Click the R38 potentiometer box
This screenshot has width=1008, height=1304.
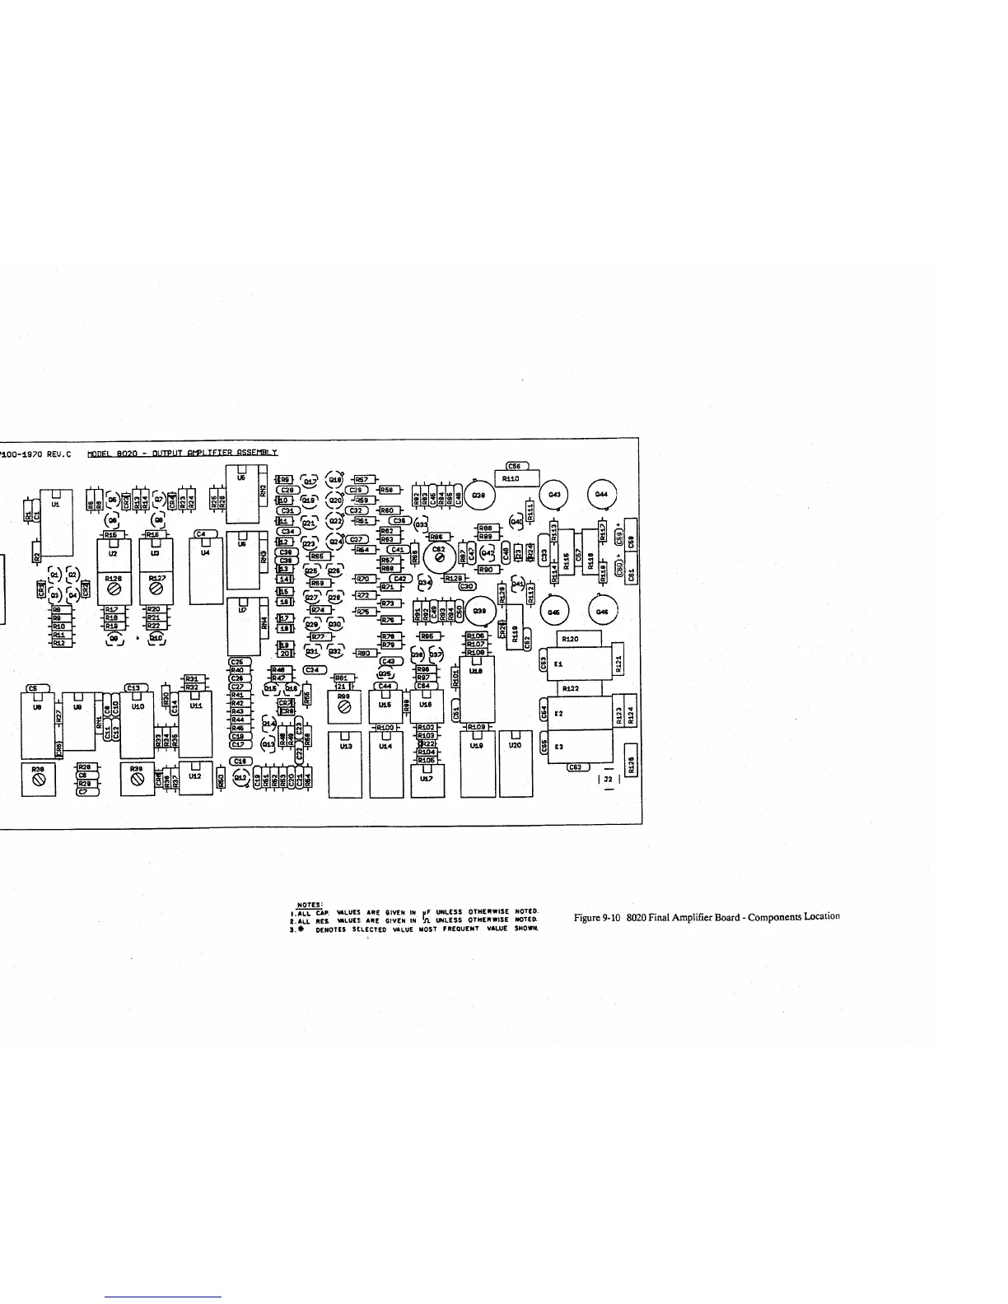pyautogui.click(x=38, y=780)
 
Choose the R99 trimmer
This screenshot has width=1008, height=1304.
pyautogui.click(x=344, y=707)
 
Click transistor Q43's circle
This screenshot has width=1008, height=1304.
pyautogui.click(x=554, y=495)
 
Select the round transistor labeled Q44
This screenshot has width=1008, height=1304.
pyautogui.click(x=601, y=494)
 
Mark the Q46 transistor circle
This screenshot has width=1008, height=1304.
pyautogui.click(x=602, y=612)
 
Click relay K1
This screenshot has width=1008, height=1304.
pyautogui.click(x=581, y=664)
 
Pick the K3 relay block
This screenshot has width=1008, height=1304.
pyautogui.click(x=581, y=747)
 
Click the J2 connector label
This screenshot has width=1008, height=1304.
pyautogui.click(x=609, y=778)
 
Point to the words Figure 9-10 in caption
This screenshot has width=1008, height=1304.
pyautogui.click(x=599, y=917)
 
